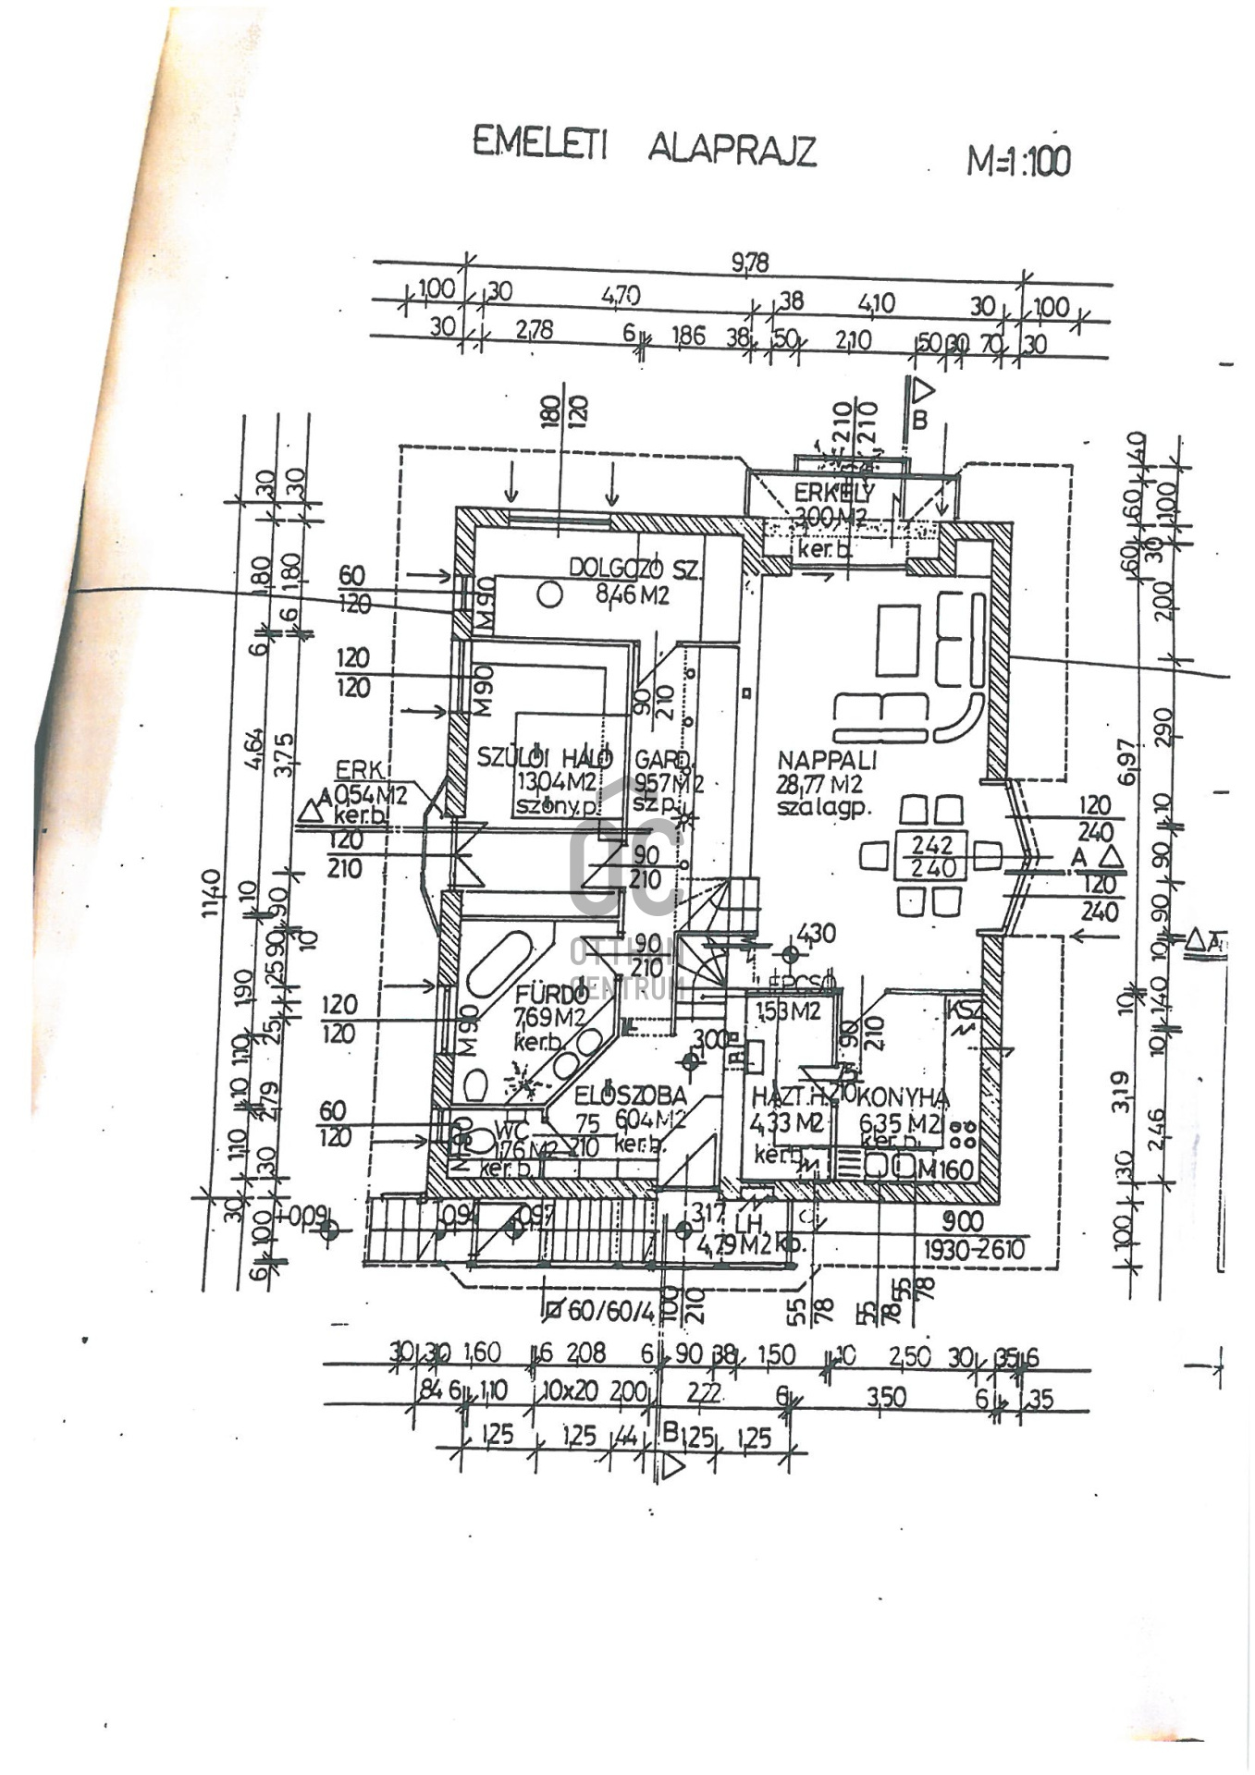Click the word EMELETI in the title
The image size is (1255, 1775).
(539, 143)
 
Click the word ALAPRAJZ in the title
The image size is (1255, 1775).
(732, 149)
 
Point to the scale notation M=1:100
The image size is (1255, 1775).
(1018, 161)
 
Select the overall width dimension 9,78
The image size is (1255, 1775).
(749, 263)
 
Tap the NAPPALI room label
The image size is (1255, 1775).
(827, 761)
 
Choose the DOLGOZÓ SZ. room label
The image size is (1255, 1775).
(634, 568)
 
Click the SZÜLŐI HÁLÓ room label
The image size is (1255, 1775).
(544, 758)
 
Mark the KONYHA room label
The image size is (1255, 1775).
(903, 1097)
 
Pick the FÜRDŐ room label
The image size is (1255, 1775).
(551, 996)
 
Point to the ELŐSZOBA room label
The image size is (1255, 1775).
(631, 1096)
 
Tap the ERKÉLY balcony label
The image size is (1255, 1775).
(833, 494)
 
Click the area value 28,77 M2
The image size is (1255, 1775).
(819, 785)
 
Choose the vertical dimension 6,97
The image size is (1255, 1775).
(1126, 761)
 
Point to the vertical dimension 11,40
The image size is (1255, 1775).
(212, 892)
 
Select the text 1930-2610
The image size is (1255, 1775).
(974, 1250)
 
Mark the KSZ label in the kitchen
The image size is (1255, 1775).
(964, 1010)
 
